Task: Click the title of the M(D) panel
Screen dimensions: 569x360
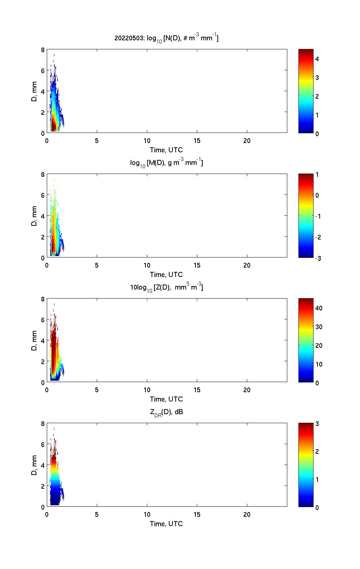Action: pyautogui.click(x=166, y=163)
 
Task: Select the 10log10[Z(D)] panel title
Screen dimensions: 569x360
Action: pyautogui.click(x=166, y=287)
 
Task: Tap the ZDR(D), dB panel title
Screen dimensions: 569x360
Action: pyautogui.click(x=166, y=412)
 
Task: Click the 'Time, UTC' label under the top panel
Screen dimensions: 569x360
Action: pyautogui.click(x=166, y=150)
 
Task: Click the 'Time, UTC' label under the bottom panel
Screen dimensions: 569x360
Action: pyautogui.click(x=166, y=524)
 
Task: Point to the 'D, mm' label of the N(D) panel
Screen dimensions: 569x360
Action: pyautogui.click(x=35, y=91)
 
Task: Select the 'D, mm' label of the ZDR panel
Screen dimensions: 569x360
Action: pyautogui.click(x=35, y=465)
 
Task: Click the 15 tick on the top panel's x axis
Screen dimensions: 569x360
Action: pyautogui.click(x=197, y=141)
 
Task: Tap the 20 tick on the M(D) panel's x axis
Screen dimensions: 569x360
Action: pyautogui.click(x=247, y=265)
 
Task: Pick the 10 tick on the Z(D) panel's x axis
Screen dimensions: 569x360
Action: pyautogui.click(x=147, y=390)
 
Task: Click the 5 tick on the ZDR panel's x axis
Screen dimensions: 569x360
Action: pyautogui.click(x=97, y=515)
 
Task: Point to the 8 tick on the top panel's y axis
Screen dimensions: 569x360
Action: pyautogui.click(x=43, y=50)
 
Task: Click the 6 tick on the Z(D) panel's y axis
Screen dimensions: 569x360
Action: pyautogui.click(x=43, y=319)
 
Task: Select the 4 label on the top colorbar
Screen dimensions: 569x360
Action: pyautogui.click(x=317, y=59)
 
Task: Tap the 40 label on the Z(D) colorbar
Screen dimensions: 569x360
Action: pyautogui.click(x=319, y=308)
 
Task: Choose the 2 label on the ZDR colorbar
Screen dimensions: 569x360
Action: pyautogui.click(x=317, y=451)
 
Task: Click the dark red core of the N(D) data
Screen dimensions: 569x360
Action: pyautogui.click(x=53, y=126)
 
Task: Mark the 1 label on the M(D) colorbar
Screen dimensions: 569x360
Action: pyautogui.click(x=317, y=175)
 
